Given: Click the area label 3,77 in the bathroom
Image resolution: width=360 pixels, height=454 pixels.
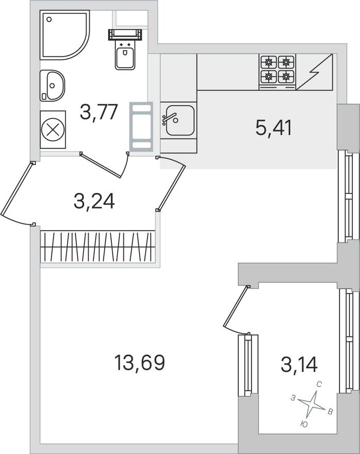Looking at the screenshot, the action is pos(99,112).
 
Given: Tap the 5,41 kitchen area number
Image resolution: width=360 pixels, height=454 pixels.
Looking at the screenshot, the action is pos(273,128).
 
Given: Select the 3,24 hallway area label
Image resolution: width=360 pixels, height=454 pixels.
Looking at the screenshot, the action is pos(94,201).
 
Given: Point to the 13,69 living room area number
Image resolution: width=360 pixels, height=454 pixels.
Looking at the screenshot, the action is pos(140,363).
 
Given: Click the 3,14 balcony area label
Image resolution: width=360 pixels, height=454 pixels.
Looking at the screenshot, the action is pos(299,364).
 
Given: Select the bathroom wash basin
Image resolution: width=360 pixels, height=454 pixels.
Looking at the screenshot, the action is pos(52,86).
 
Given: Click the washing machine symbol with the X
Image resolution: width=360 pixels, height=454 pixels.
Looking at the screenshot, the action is pos(53,129).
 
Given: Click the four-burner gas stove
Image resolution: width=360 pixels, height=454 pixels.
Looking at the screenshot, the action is pos(277,72).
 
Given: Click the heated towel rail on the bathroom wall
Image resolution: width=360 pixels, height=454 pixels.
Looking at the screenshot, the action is pos(141,126).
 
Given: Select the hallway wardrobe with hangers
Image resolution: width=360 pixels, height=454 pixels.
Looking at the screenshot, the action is pos(97,247).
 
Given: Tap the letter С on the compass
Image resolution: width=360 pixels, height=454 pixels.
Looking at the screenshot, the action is pos(319,385).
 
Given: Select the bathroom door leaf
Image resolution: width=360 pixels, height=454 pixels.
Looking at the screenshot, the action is pos(101,165).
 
